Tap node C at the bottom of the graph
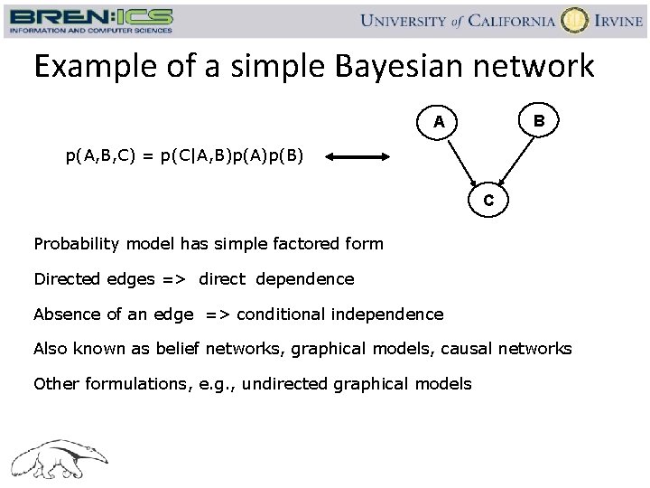[487, 201]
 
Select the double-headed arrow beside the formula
[357, 157]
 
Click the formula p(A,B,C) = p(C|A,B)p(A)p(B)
[185, 156]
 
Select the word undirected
[284, 384]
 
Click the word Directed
[65, 279]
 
